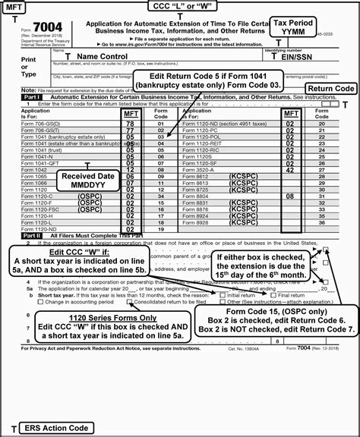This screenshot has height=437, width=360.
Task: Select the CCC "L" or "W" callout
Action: [180, 7]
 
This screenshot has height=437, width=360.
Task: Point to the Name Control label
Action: [106, 56]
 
